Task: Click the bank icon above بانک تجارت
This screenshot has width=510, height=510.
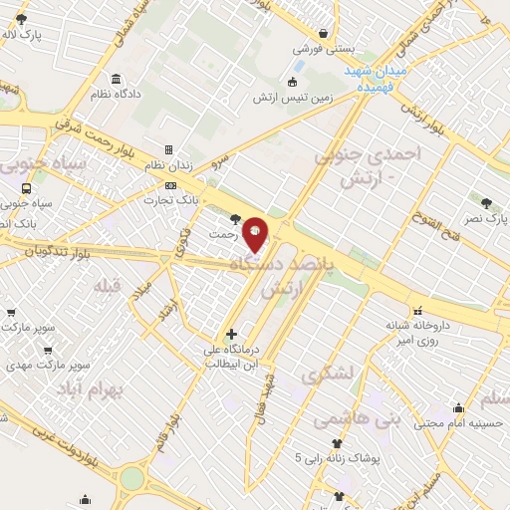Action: (x=171, y=185)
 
